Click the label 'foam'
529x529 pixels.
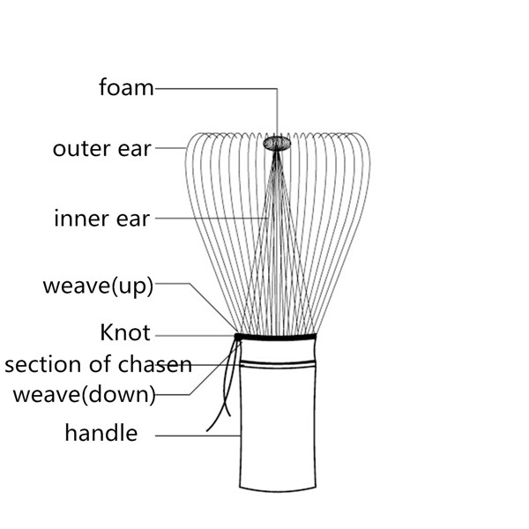(126, 87)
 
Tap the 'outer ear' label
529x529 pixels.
(102, 148)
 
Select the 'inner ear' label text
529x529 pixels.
(101, 218)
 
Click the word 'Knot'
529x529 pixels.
(125, 333)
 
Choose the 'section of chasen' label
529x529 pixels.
(98, 364)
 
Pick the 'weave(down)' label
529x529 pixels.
(84, 393)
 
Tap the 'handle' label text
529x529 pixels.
(101, 433)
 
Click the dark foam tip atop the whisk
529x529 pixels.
(277, 142)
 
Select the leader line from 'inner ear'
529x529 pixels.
(212, 218)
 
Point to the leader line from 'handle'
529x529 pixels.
(198, 435)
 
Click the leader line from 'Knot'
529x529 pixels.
(194, 334)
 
